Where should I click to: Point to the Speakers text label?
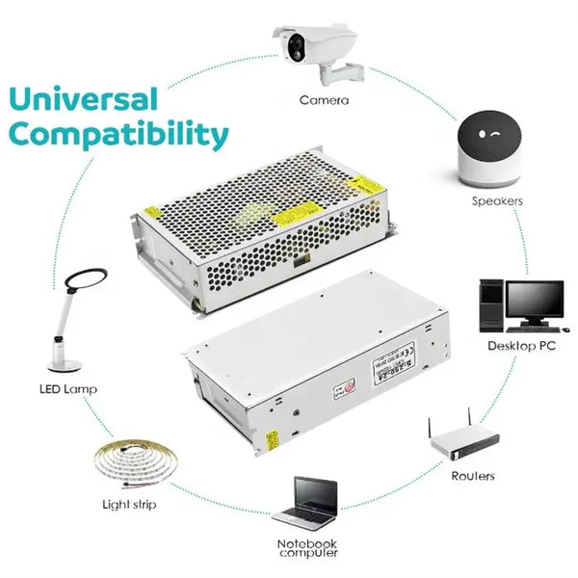(497, 200)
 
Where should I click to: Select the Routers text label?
(473, 476)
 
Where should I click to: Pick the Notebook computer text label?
(307, 548)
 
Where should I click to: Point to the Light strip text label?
(129, 504)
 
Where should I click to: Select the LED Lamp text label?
(68, 389)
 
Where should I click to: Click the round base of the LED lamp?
(66, 364)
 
